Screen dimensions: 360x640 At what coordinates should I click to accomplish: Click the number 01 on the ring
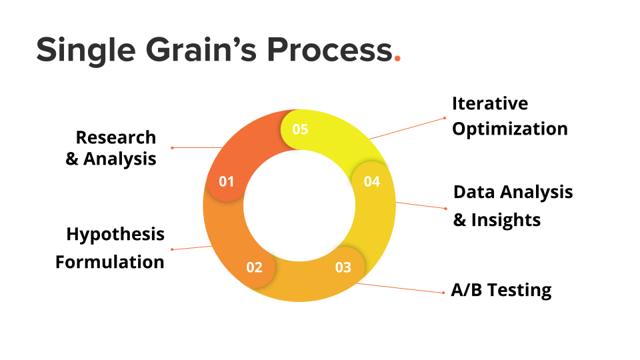pos(227,181)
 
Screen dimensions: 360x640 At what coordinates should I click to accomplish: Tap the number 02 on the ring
pos(254,268)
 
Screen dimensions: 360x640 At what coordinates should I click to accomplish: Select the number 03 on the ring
pos(343,268)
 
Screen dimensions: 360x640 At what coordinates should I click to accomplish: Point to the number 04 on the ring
pos(371,181)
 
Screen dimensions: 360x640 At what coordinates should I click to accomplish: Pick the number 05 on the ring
pos(300,129)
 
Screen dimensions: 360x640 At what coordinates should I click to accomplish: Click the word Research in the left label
pos(115,137)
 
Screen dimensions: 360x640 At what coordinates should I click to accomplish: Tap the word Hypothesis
pos(115,235)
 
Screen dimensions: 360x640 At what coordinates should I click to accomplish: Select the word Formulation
pos(109,262)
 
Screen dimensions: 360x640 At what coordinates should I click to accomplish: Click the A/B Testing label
pos(501,291)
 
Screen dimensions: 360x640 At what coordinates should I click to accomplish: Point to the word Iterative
pos(489,103)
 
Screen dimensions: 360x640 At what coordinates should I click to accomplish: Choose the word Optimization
pos(509,129)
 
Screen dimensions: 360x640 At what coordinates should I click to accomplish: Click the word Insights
pos(506,220)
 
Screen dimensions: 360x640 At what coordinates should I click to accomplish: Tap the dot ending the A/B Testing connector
pos(444,293)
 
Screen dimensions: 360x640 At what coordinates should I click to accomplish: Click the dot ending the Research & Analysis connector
pos(172,147)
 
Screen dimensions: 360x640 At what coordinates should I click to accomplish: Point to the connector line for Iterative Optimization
pos(407,129)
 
